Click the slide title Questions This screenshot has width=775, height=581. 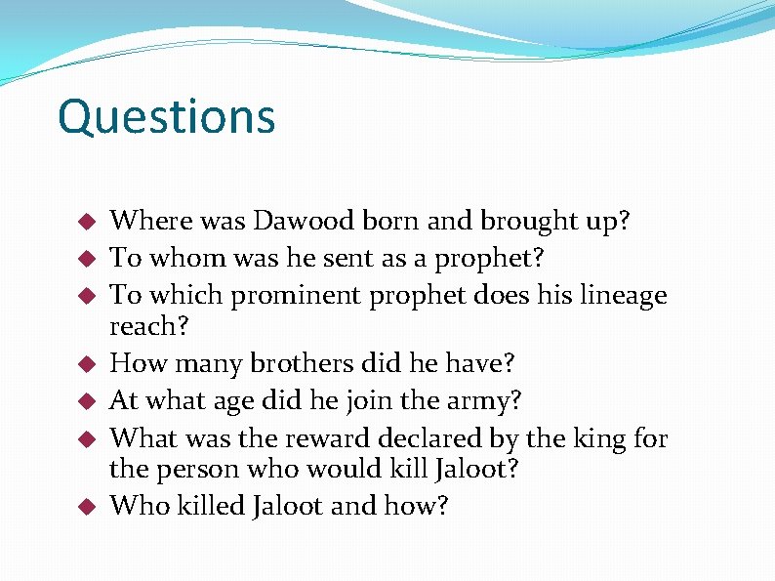tap(166, 117)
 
